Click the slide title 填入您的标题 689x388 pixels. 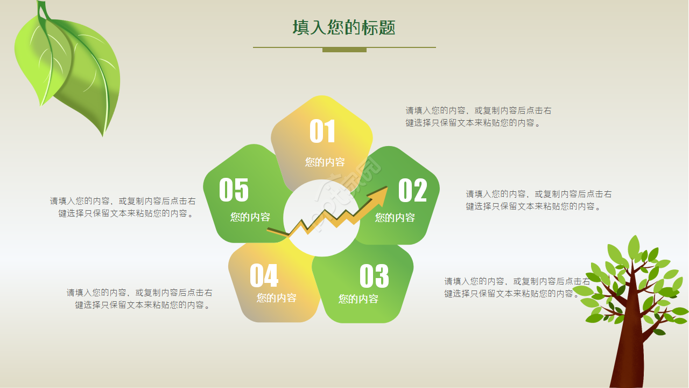tap(344, 27)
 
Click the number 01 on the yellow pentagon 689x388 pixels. tap(322, 131)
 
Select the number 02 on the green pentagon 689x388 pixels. tap(412, 190)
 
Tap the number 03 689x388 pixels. tap(374, 276)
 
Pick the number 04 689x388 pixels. tap(264, 276)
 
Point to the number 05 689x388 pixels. tap(234, 190)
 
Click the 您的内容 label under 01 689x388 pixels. tap(325, 162)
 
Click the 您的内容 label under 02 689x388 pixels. tap(395, 218)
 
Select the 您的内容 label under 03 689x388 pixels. tap(358, 299)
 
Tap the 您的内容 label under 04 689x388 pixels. tap(276, 297)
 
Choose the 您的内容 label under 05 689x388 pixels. tap(250, 217)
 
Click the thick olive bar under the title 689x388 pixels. tap(344, 50)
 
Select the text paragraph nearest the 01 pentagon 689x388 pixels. tap(478, 116)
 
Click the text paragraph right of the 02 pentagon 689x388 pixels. tap(538, 200)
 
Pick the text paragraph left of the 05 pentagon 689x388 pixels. tap(123, 207)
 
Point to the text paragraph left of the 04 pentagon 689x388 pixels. tap(139, 299)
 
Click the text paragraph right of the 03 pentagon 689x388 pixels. tap(517, 287)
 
